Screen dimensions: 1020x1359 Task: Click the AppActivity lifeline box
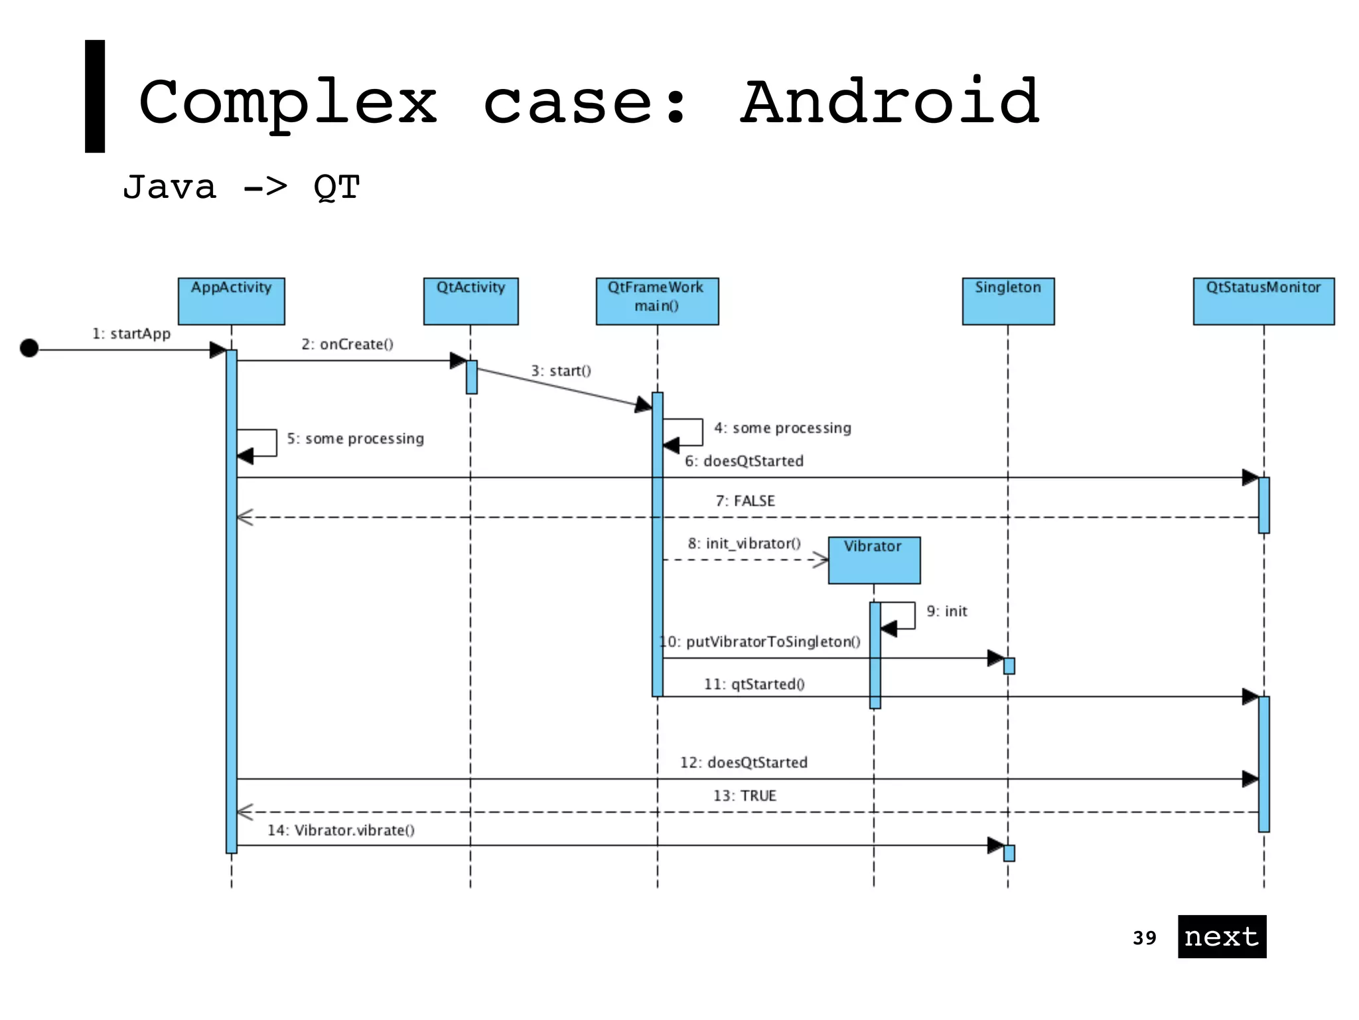[231, 301]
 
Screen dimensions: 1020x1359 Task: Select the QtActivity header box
[470, 301]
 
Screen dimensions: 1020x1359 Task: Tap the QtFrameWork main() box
[657, 301]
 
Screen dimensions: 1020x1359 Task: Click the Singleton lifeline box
[1008, 301]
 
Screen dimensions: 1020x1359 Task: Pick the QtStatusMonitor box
[1263, 301]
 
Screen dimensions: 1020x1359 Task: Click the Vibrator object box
[874, 560]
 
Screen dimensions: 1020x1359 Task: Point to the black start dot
[29, 348]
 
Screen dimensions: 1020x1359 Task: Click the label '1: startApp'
[131, 333]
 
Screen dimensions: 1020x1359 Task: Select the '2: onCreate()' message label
[347, 344]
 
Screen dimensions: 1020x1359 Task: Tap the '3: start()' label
[561, 371]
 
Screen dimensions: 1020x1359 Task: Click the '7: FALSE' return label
[745, 501]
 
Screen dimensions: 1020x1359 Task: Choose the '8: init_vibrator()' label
[744, 543]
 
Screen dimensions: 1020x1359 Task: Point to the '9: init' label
[947, 611]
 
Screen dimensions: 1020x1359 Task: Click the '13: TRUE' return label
[745, 796]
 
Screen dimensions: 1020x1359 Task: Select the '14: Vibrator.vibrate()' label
[341, 830]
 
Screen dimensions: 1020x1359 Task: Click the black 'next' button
[1222, 936]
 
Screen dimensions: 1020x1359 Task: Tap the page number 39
[1144, 938]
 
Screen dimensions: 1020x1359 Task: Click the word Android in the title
[889, 103]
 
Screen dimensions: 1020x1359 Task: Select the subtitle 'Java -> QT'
[242, 187]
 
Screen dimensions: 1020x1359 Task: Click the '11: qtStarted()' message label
[754, 684]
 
